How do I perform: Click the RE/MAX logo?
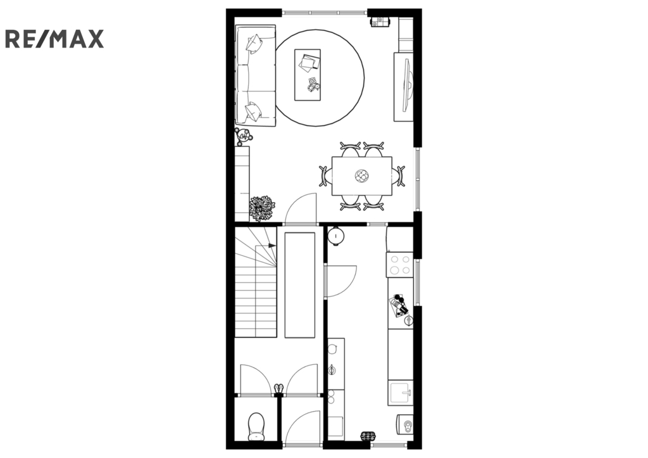[x=54, y=39]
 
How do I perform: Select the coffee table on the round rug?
[x=308, y=75]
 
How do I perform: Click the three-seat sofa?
[x=256, y=75]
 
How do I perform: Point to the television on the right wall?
[x=407, y=86]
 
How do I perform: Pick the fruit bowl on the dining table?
[x=361, y=176]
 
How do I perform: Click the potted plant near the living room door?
[x=262, y=208]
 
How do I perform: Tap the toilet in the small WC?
[x=256, y=426]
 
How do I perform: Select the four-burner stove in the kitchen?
[x=400, y=265]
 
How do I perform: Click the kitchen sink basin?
[x=400, y=393]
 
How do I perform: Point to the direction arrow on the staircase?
[x=272, y=245]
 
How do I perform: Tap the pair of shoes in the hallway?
[x=279, y=388]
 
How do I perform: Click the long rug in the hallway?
[x=300, y=285]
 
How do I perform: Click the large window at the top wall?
[x=325, y=13]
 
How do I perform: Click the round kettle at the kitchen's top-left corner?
[x=336, y=236]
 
